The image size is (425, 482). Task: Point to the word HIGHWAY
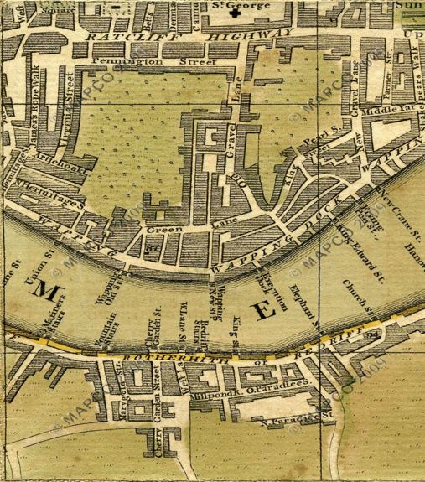pos(249,34)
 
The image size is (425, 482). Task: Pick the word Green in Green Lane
pos(160,229)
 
